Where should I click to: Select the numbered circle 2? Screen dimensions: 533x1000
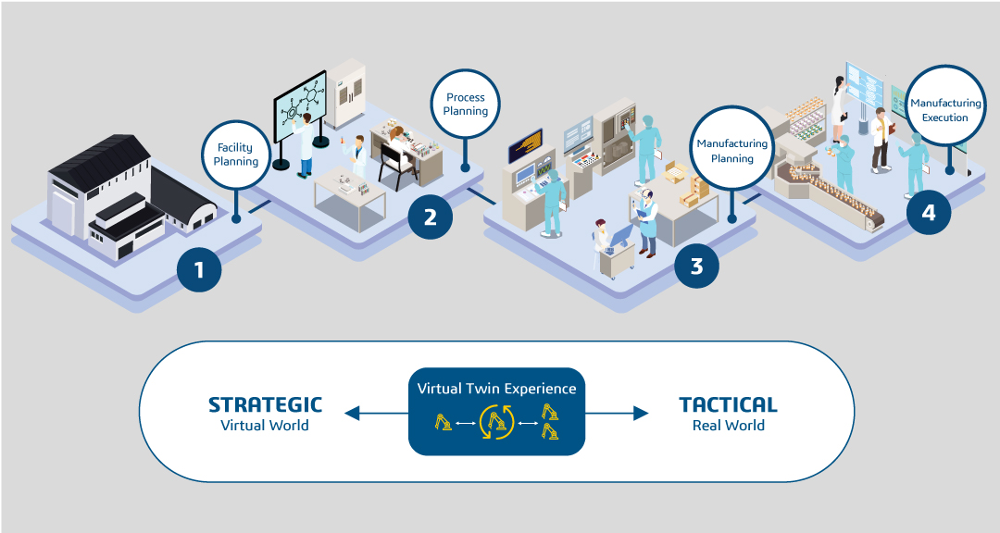click(430, 217)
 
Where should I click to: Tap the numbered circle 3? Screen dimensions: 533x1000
click(696, 266)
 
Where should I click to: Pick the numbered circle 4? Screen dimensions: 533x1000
click(929, 213)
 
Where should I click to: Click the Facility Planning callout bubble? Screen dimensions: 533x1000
click(236, 154)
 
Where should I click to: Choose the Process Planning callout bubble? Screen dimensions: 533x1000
click(466, 105)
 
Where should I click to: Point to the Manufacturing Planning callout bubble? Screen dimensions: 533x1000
click(731, 151)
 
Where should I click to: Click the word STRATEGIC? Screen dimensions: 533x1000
click(265, 404)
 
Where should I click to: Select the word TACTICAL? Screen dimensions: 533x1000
click(728, 404)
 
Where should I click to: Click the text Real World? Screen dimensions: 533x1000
click(728, 426)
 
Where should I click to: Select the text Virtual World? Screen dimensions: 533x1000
click(265, 426)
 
